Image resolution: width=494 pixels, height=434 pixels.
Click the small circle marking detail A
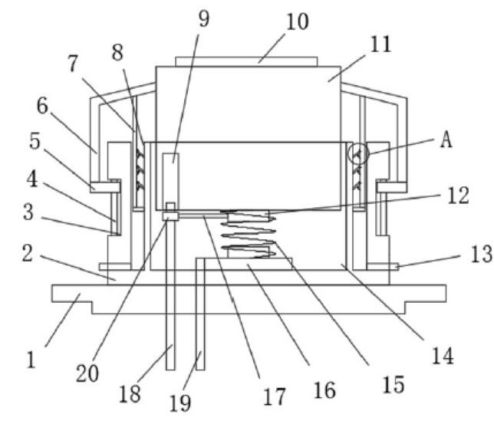click(x=358, y=153)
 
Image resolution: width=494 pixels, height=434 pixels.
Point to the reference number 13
click(x=481, y=255)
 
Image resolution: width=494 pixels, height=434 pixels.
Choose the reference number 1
click(x=31, y=358)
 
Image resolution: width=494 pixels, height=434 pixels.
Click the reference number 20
click(x=87, y=373)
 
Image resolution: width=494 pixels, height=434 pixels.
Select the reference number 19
click(x=181, y=403)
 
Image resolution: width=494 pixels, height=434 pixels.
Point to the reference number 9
click(x=203, y=18)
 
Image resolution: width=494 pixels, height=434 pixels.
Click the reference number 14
click(x=443, y=355)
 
